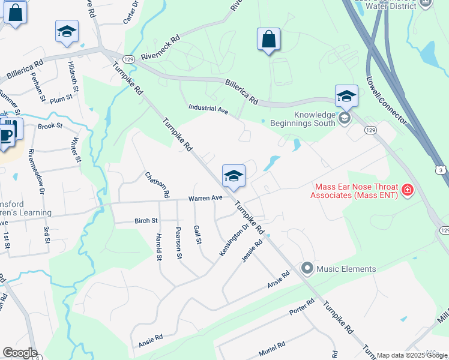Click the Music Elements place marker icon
tap(308, 268)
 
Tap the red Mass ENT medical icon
tap(408, 190)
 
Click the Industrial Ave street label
tap(208, 109)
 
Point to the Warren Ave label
tap(205, 198)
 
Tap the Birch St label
tap(146, 221)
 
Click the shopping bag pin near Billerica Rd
tap(268, 40)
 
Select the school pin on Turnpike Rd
tap(234, 176)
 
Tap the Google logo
tap(20, 353)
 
